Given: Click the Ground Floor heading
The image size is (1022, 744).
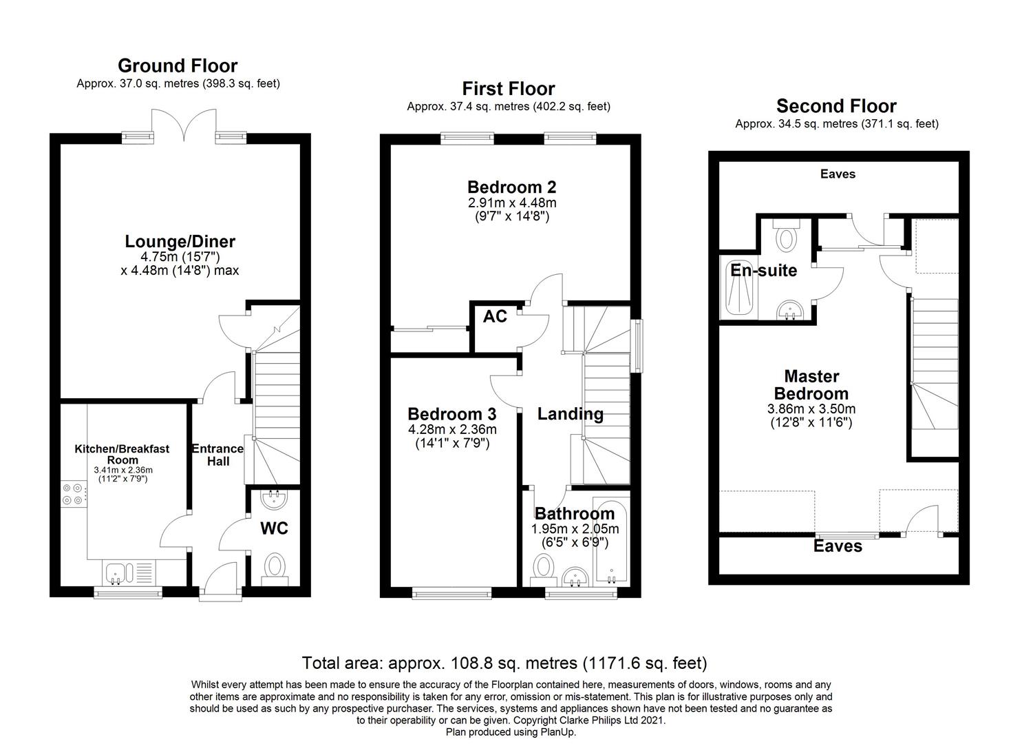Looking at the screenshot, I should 178,66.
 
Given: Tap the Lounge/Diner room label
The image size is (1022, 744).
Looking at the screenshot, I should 180,242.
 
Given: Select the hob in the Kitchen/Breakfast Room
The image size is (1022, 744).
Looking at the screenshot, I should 72,494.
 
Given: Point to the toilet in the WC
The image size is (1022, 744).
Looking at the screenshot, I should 275,567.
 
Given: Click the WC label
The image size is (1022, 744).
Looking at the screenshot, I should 274,528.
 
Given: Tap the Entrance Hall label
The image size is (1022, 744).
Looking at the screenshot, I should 217,455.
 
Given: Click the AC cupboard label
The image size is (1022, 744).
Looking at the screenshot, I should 495,316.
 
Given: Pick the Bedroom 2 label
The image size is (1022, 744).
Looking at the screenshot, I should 511,187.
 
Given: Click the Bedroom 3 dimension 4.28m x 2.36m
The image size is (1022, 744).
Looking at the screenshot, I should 451,430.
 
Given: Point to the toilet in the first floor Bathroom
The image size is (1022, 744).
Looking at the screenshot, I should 544,568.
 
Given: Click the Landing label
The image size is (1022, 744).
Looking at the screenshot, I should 570,414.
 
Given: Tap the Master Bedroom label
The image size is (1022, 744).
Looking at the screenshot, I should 811,385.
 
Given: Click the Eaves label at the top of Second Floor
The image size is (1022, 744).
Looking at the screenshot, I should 838,174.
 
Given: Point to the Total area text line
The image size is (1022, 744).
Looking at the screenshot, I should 504,663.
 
